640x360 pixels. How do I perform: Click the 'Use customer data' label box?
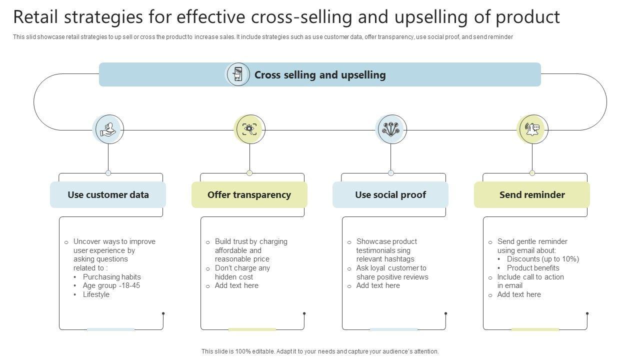tap(108, 195)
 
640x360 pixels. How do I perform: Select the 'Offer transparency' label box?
tap(249, 195)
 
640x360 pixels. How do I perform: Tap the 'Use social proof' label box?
tap(390, 195)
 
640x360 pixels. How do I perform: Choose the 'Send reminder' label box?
tap(532, 195)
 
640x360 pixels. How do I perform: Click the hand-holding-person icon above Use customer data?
tap(108, 129)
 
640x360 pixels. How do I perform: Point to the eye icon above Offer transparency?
tap(249, 129)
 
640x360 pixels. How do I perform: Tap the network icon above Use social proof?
tap(391, 129)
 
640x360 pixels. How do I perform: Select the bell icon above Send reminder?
tap(532, 129)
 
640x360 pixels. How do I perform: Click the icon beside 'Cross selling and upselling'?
tap(238, 74)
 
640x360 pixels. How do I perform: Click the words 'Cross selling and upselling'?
tap(320, 75)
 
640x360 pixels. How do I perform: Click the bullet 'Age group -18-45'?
tap(111, 285)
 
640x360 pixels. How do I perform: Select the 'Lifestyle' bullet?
tap(96, 294)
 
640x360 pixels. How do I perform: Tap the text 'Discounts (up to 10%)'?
tap(542, 259)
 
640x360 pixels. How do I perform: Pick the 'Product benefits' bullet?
tap(533, 268)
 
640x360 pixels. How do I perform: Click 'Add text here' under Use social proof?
tap(378, 285)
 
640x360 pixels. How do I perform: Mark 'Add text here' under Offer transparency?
tap(236, 285)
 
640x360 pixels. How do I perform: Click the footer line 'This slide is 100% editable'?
tap(320, 351)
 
